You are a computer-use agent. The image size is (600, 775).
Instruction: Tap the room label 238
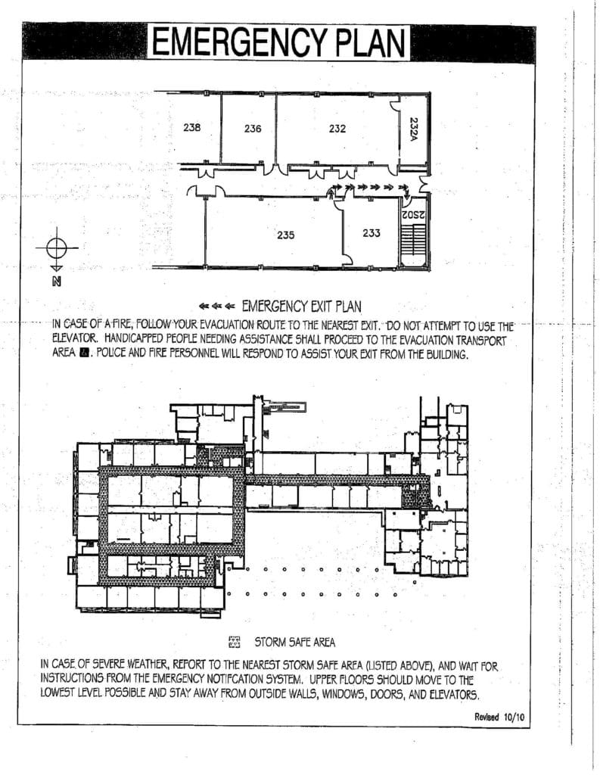click(191, 128)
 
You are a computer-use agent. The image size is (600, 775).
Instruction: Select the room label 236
click(253, 129)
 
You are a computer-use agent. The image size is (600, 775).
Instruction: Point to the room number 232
click(337, 129)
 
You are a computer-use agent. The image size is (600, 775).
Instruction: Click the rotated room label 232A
click(414, 128)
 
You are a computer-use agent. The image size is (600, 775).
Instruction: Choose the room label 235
click(285, 235)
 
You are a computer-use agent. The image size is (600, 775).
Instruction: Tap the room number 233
click(371, 233)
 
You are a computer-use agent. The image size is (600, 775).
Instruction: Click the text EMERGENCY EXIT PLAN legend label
click(300, 307)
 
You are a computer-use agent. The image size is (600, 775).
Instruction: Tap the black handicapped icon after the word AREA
click(85, 353)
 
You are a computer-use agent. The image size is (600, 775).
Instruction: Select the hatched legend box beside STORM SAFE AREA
click(234, 643)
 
